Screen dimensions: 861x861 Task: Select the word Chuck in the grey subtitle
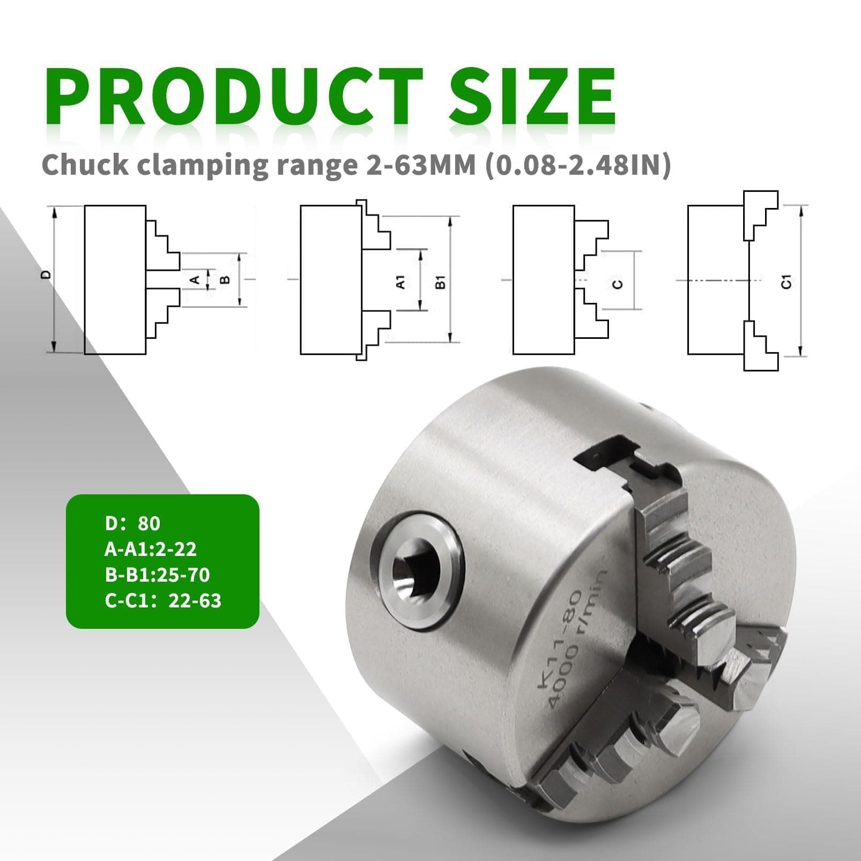point(85,165)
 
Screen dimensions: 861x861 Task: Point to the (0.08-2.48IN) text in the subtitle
point(578,165)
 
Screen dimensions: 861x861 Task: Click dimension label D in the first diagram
point(47,274)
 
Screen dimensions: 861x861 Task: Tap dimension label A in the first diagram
point(196,279)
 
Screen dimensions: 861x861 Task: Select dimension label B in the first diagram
point(225,279)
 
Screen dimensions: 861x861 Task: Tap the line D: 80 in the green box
point(132,523)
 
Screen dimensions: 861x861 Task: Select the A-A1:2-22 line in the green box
point(151,549)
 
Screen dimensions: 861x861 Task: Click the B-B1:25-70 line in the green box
point(157,575)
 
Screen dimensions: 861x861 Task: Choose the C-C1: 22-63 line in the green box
point(163,600)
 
